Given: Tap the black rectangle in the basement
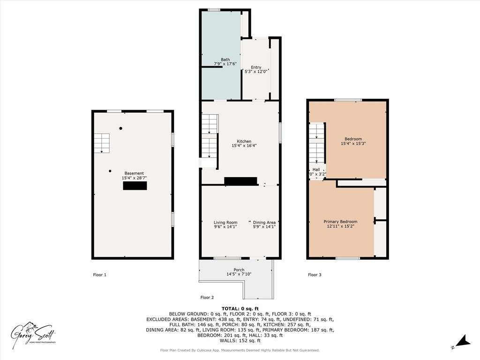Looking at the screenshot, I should pyautogui.click(x=135, y=186).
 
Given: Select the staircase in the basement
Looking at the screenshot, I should pyautogui.click(x=101, y=142).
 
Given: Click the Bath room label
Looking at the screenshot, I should pyautogui.click(x=225, y=60).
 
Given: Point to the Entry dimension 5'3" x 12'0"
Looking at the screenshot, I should pyautogui.click(x=256, y=72).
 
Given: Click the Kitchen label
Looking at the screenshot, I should pyautogui.click(x=244, y=141).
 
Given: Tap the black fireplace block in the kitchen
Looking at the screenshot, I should pyautogui.click(x=240, y=181).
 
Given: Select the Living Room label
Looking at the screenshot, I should pyautogui.click(x=225, y=222).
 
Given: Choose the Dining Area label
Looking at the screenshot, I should pyautogui.click(x=264, y=222).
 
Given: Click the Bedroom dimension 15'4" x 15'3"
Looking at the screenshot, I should pyautogui.click(x=353, y=144).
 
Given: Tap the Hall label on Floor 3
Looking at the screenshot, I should pyautogui.click(x=316, y=170).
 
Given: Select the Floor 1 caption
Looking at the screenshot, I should pyautogui.click(x=99, y=275).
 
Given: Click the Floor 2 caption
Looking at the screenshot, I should pyautogui.click(x=207, y=297).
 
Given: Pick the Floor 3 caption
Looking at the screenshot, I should pyautogui.click(x=315, y=275).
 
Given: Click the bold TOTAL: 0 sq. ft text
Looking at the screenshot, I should pyautogui.click(x=240, y=308).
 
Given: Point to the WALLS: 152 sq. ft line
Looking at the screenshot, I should pyautogui.click(x=240, y=340).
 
